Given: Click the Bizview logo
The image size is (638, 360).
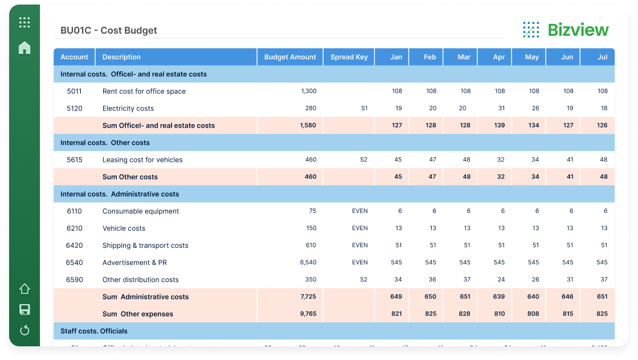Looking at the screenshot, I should tap(565, 30).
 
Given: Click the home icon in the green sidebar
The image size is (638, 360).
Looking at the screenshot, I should tap(24, 48).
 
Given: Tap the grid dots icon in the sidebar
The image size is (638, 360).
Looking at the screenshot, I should tap(24, 23).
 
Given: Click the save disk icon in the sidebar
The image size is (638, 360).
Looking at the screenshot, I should tap(24, 310).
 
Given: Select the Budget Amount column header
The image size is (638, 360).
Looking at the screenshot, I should tap(290, 57).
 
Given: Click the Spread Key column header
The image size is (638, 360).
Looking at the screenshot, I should tap(349, 57).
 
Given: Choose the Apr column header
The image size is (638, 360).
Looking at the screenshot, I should tap(498, 57).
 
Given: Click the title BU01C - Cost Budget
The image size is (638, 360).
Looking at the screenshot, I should tap(109, 31).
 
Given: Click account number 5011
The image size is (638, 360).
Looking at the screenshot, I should tap(75, 91).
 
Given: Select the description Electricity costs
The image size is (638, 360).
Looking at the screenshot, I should tap(128, 108).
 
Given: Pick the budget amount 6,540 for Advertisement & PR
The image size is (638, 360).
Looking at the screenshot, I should tap(308, 263).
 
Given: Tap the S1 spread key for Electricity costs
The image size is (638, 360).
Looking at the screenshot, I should tap(364, 108).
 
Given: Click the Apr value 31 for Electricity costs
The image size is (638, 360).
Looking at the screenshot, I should tap(501, 108).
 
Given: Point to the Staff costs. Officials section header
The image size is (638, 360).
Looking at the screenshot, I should tap(94, 331).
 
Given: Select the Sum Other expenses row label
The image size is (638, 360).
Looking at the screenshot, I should tap(138, 314).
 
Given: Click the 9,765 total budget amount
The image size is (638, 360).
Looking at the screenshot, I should tap(308, 314).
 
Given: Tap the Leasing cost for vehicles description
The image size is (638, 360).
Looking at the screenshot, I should tap(142, 159).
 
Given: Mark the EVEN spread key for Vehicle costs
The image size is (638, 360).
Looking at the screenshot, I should tap(359, 228).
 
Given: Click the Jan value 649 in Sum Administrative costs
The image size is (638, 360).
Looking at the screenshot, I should tap(396, 297).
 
